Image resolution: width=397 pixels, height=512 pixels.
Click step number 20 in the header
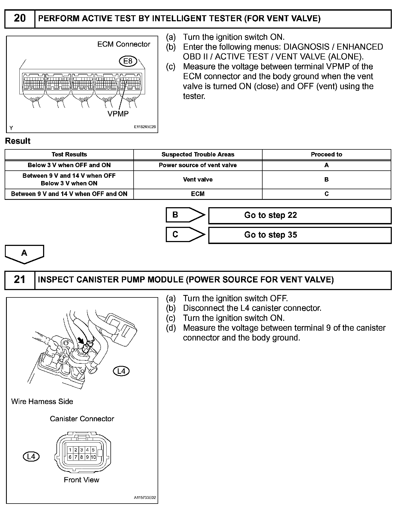(20, 19)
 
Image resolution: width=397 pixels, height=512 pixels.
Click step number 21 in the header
(20, 280)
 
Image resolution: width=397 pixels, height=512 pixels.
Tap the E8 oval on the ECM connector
(128, 61)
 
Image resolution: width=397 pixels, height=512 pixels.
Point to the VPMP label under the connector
(118, 114)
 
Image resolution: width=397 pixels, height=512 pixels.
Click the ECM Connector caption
(124, 44)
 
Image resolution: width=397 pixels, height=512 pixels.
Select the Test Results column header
(69, 155)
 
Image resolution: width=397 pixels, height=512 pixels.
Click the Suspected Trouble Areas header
(198, 155)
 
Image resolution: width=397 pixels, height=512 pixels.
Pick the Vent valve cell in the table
(198, 179)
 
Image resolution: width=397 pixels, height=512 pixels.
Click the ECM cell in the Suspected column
(198, 194)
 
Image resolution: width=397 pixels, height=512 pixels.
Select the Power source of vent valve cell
(198, 165)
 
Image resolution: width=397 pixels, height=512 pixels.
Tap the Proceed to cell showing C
(326, 194)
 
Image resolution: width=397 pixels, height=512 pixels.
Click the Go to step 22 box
(300, 215)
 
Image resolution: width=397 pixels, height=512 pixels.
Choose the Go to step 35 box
(300, 235)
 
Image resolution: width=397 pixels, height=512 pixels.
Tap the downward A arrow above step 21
(24, 254)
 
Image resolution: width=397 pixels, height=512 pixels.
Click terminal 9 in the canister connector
(87, 457)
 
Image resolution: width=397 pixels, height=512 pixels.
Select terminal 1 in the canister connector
(70, 450)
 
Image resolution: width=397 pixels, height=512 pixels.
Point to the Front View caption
(81, 480)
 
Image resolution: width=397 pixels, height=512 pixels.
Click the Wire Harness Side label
(42, 401)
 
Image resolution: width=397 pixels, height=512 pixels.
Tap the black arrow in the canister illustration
(81, 340)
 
